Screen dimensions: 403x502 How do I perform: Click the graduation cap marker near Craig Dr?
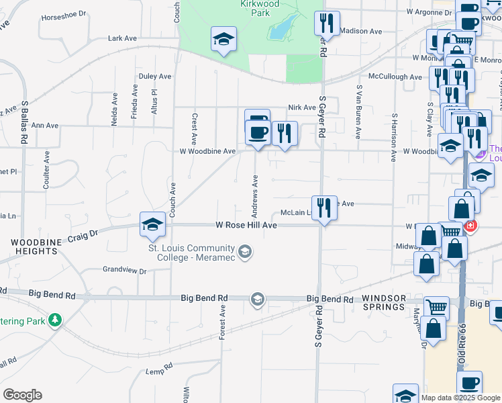(x=153, y=224)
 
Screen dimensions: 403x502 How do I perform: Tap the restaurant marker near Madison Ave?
(x=327, y=24)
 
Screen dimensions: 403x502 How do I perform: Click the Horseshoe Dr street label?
(x=64, y=13)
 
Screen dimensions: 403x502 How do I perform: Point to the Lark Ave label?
(x=122, y=39)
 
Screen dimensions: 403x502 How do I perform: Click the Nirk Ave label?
(x=301, y=107)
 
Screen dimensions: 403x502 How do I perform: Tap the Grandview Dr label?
(x=124, y=270)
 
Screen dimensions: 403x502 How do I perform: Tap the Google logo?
(x=22, y=395)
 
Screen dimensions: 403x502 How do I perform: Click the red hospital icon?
(x=470, y=226)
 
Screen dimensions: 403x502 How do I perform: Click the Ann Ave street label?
(x=45, y=126)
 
